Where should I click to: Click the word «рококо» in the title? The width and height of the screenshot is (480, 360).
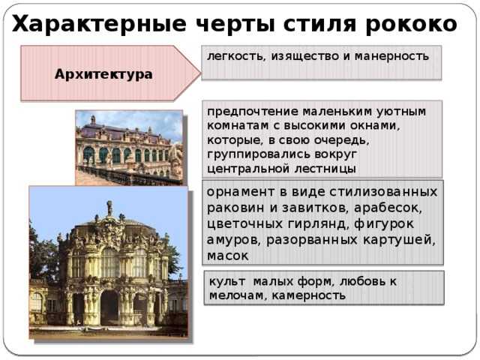[411, 24]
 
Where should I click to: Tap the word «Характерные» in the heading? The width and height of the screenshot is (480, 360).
[99, 25]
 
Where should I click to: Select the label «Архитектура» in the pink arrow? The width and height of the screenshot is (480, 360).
[103, 74]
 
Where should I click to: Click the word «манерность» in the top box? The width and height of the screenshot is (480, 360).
[391, 56]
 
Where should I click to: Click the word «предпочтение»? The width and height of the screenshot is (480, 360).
[253, 112]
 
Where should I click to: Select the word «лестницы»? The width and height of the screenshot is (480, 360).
[325, 169]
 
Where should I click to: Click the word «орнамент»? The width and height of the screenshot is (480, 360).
[241, 192]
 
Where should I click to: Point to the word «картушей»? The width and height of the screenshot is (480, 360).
[399, 240]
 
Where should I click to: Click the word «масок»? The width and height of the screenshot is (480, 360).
[227, 256]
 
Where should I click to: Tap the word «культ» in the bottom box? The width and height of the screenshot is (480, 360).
[227, 281]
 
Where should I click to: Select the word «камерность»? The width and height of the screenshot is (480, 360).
[308, 295]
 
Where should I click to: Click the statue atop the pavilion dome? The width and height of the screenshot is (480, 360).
[109, 208]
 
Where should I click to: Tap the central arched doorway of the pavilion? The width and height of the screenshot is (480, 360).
[109, 307]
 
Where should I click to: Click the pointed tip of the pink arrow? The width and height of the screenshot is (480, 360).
[200, 73]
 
